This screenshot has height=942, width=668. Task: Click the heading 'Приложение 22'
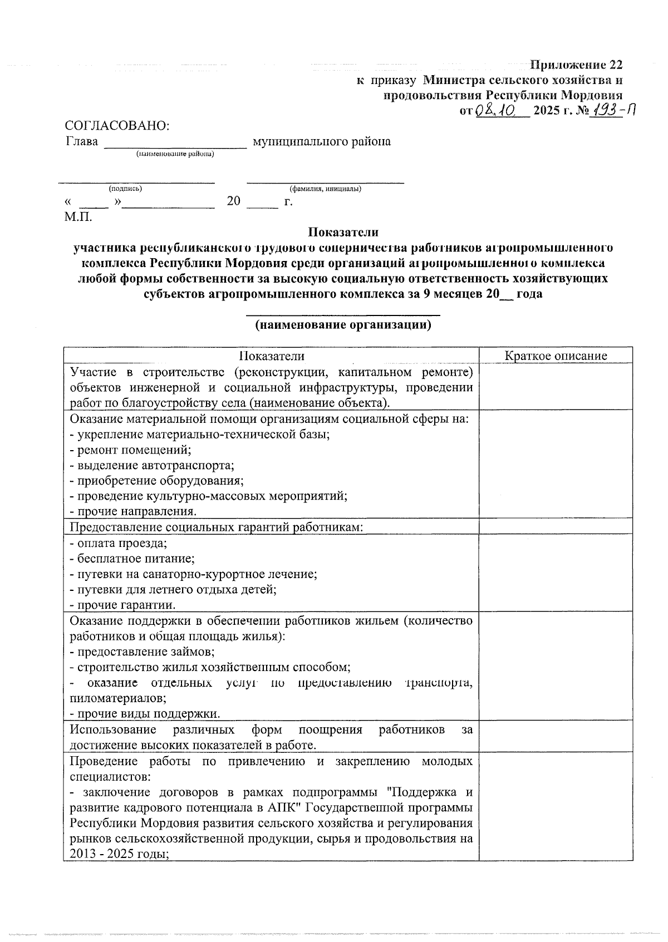(576, 65)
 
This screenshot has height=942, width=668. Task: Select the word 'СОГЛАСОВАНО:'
(117, 126)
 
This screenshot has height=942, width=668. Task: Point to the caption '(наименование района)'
(175, 154)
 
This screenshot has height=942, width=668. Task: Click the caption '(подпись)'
(125, 189)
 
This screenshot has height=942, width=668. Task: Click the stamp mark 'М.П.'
(78, 216)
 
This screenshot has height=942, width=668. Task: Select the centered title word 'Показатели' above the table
(343, 232)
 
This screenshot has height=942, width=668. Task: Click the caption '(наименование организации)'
(343, 326)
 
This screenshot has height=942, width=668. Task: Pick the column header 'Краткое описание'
(556, 356)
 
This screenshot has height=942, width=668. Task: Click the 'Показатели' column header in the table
(272, 356)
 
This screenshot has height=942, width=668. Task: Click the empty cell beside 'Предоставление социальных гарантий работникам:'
(556, 526)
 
